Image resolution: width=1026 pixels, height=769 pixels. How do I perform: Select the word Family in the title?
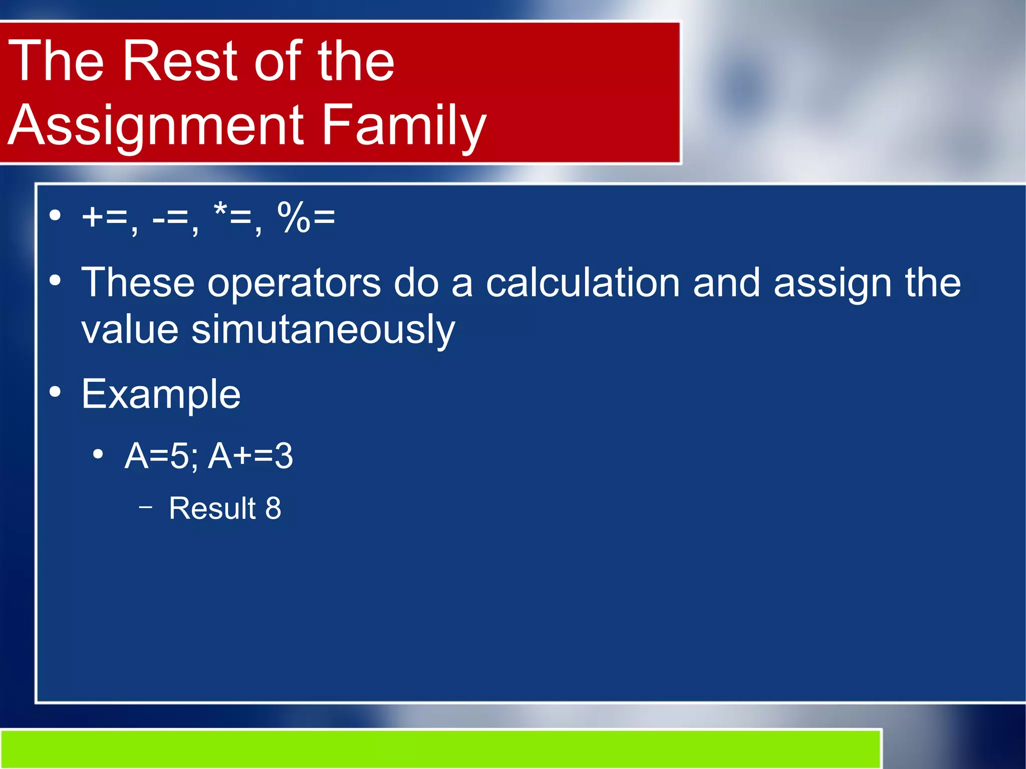click(x=403, y=125)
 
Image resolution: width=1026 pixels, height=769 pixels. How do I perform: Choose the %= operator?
click(x=306, y=218)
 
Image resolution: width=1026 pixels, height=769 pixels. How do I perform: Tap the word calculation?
click(x=583, y=283)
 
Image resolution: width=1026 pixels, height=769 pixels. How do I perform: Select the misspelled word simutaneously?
click(x=323, y=331)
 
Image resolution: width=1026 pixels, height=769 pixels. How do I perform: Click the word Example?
click(x=161, y=395)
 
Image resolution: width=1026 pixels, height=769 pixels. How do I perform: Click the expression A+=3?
click(x=250, y=456)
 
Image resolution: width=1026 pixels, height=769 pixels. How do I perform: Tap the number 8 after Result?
click(x=273, y=508)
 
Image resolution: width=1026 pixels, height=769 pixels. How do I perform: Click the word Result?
click(x=212, y=508)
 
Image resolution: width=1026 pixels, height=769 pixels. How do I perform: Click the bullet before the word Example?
click(x=56, y=392)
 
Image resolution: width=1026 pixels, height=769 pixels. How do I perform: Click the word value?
click(x=130, y=331)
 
